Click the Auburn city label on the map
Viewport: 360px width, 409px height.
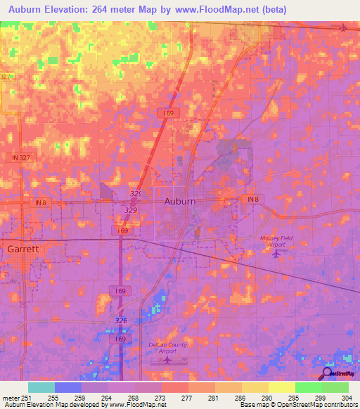(179, 201)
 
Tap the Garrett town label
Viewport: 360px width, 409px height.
(23, 249)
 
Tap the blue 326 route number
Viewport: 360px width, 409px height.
(121, 320)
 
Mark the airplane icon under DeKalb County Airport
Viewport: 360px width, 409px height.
(167, 360)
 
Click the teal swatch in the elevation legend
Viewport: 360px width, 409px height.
(41, 387)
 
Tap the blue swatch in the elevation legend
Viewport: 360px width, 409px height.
(68, 387)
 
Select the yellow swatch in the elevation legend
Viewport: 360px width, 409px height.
(282, 387)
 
